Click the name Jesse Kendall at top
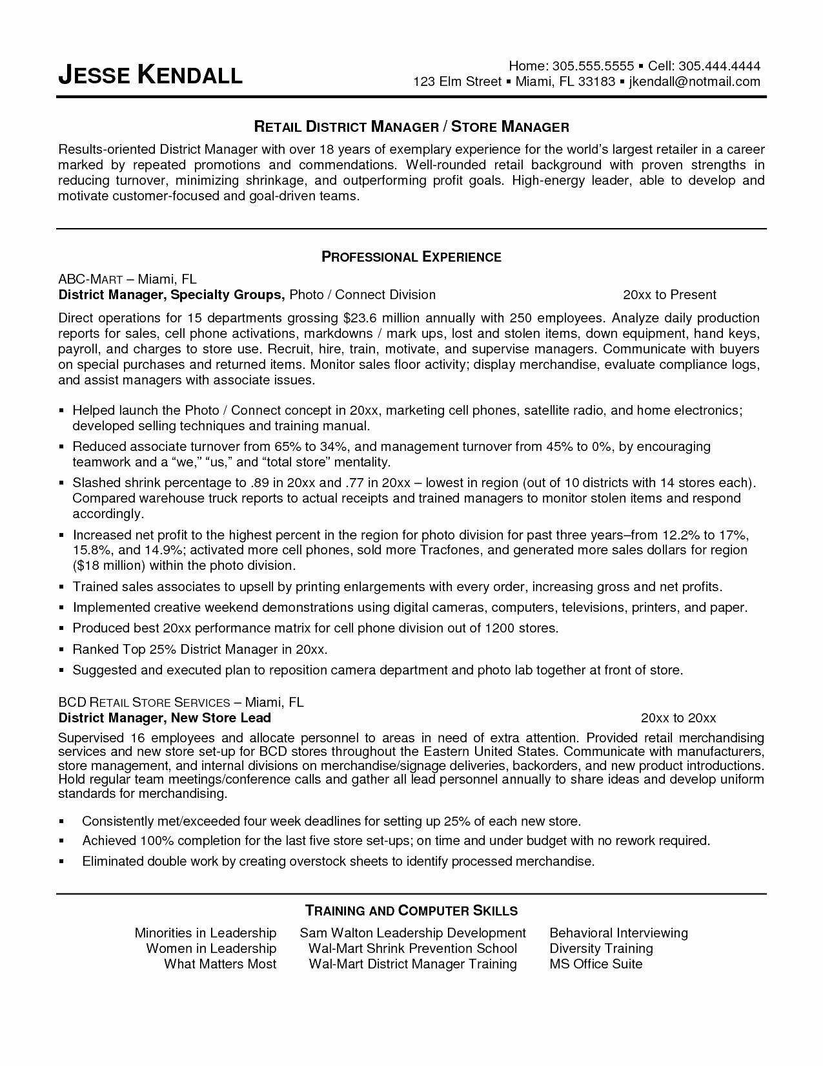click(150, 75)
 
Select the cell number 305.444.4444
click(720, 66)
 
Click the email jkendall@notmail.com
click(695, 81)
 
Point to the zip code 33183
click(596, 81)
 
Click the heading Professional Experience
click(411, 257)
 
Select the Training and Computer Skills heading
click(411, 911)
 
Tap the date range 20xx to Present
click(669, 295)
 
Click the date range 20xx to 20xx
click(678, 718)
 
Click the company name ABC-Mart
click(90, 279)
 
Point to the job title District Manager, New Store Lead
click(165, 718)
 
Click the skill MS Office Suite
click(596, 964)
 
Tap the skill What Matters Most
click(220, 964)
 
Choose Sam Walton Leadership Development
click(412, 933)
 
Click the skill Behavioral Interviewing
click(618, 933)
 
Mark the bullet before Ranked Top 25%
click(62, 650)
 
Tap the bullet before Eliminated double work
click(62, 862)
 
